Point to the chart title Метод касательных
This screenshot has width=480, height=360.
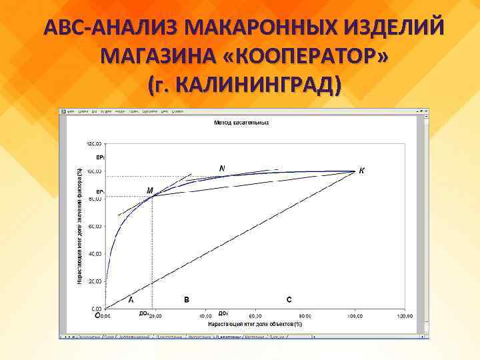(x=241, y=123)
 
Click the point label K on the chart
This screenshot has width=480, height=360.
(x=362, y=170)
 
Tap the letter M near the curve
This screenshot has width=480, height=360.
(x=150, y=190)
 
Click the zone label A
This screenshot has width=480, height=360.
(x=131, y=299)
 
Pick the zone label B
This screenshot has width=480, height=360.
(x=187, y=299)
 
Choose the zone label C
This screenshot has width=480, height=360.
(x=289, y=299)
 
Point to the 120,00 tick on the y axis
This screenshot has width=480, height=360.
(x=93, y=144)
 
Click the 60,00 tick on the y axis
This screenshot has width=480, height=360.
(x=95, y=227)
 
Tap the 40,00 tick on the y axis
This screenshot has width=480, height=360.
(x=95, y=254)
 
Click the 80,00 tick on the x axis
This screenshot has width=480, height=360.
(x=305, y=316)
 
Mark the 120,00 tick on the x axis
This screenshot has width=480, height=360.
(x=404, y=316)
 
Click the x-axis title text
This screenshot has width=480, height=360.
(x=255, y=323)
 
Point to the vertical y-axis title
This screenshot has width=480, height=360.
(x=79, y=227)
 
